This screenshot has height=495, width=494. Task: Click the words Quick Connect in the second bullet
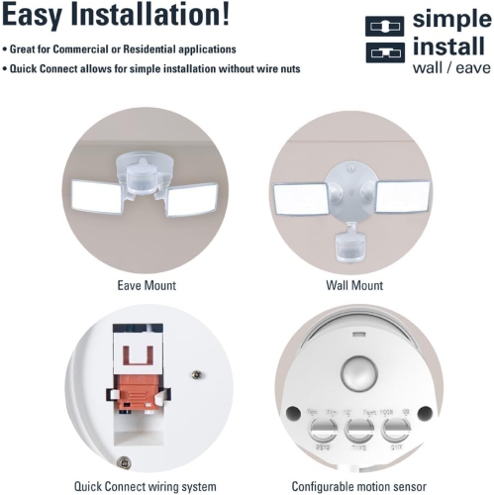tap(45, 69)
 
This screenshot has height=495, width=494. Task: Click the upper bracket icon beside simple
tap(384, 24)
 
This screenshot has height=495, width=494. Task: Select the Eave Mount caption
tap(145, 286)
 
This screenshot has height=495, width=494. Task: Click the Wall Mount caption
tap(353, 286)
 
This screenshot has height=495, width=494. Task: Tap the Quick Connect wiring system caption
tap(145, 486)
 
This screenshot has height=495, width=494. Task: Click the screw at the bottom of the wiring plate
tap(123, 462)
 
